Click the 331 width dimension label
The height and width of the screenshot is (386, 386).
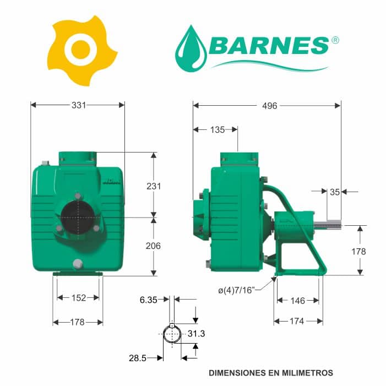[79, 105]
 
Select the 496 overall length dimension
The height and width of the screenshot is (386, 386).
[270, 106]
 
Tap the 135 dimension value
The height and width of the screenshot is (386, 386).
[218, 130]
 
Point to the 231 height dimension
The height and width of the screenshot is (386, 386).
[154, 186]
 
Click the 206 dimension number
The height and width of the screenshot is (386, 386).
[153, 246]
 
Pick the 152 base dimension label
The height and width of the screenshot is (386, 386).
[79, 298]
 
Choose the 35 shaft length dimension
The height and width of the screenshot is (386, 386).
[335, 192]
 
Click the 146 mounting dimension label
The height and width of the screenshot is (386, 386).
[298, 301]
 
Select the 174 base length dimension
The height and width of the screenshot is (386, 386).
[297, 321]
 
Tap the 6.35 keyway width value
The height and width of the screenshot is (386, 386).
[148, 300]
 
